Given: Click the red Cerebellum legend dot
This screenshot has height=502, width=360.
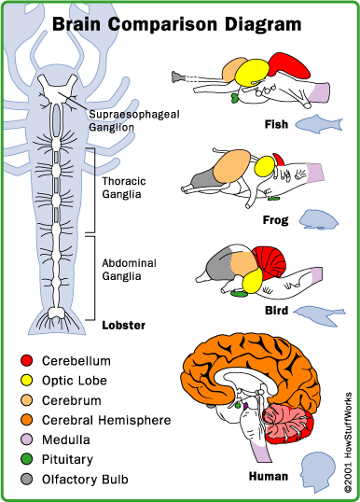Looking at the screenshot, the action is pyautogui.click(x=26, y=360).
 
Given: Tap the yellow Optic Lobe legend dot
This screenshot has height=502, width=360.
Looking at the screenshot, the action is pyautogui.click(x=26, y=381).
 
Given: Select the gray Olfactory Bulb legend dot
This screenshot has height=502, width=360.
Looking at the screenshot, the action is pyautogui.click(x=26, y=480).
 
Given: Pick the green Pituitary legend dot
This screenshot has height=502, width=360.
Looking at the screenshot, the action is pyautogui.click(x=26, y=459).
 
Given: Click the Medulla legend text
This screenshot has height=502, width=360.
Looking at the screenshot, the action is pyautogui.click(x=66, y=439).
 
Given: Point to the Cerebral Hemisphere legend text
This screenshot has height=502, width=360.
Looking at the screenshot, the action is pyautogui.click(x=106, y=420).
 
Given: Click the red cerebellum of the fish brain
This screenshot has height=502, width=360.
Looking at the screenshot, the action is pyautogui.click(x=289, y=65).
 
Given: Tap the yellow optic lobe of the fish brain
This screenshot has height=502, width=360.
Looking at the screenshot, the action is pyautogui.click(x=252, y=73).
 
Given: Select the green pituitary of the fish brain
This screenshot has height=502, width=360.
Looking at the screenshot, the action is pyautogui.click(x=236, y=98).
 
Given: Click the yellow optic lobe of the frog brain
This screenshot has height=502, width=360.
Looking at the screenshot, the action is pyautogui.click(x=265, y=166).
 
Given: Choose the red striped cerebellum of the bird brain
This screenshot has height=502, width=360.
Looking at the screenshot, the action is pyautogui.click(x=270, y=261).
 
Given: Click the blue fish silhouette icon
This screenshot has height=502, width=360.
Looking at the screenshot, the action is pyautogui.click(x=319, y=124).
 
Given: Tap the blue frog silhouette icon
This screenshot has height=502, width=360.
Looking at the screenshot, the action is pyautogui.click(x=319, y=219).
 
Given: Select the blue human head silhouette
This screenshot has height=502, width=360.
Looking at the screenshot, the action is pyautogui.click(x=318, y=472).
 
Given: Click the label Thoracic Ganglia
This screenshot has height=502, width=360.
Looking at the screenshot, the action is pyautogui.click(x=123, y=188).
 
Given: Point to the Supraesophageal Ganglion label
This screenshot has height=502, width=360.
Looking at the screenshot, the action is pyautogui.click(x=134, y=120).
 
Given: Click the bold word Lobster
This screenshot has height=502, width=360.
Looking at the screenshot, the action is pyautogui.click(x=123, y=326).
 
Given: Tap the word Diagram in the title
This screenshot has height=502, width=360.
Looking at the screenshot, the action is pyautogui.click(x=263, y=25).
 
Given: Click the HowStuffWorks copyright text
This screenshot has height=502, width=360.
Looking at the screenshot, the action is pyautogui.click(x=348, y=442).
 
